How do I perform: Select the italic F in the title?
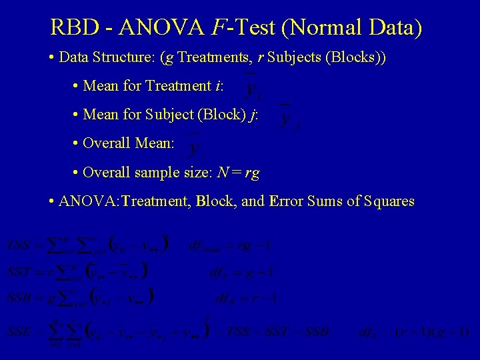pos(218,27)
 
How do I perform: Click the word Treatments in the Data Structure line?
pos(207,57)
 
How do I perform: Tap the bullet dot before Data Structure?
pos(52,58)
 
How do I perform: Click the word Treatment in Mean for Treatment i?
pos(178,86)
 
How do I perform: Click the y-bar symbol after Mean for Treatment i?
pos(251,86)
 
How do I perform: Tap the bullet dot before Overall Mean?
pos(76,144)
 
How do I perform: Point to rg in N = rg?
pos(252,173)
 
